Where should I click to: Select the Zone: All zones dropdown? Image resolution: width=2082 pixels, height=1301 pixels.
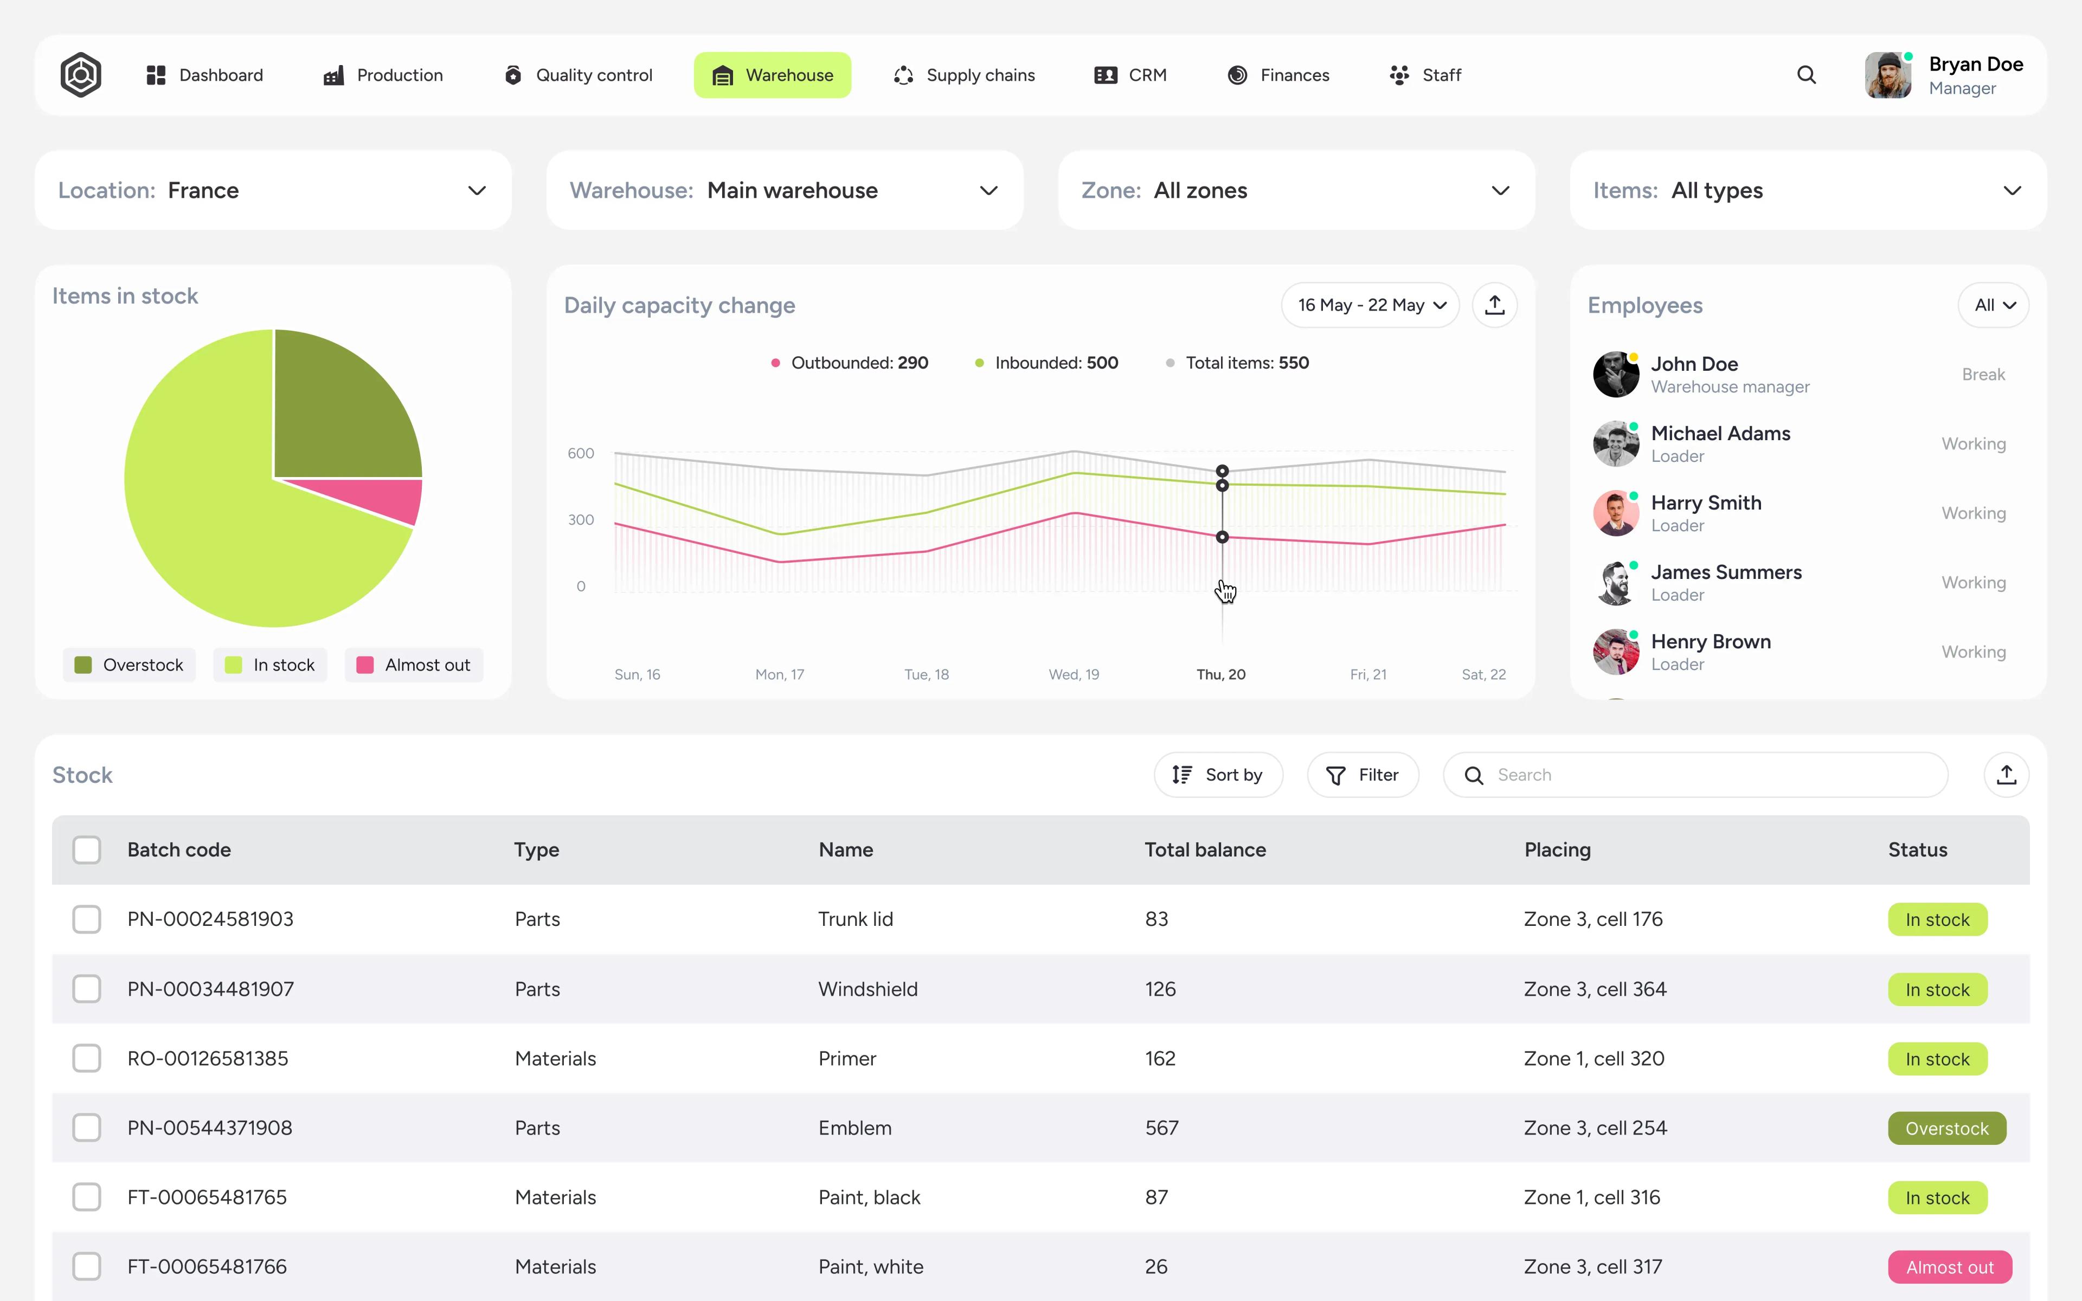tap(1296, 190)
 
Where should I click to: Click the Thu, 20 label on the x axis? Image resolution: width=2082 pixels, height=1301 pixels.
tap(1221, 674)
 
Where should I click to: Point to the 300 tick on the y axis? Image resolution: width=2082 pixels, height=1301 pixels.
tap(581, 520)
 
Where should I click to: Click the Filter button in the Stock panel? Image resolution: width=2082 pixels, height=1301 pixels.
tap(1363, 775)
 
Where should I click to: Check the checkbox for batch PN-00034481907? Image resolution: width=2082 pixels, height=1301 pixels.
tap(87, 989)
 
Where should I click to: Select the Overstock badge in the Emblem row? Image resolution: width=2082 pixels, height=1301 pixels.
tap(1946, 1128)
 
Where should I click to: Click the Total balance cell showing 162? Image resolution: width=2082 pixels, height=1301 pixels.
tap(1160, 1058)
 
